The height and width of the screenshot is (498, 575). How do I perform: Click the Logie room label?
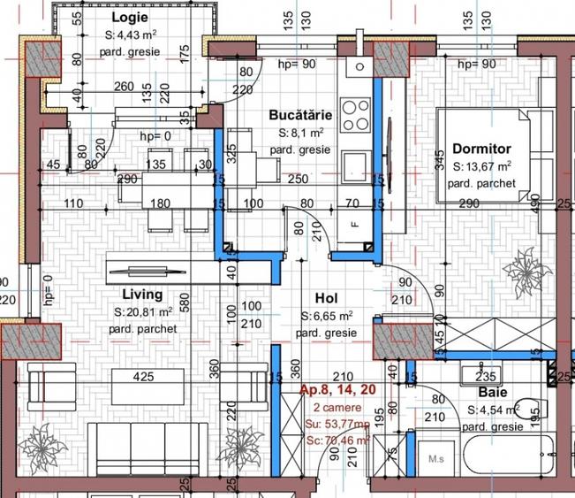[x=130, y=19]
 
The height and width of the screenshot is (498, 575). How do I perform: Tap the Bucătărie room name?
[x=300, y=116]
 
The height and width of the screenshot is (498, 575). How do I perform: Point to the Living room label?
[x=142, y=295]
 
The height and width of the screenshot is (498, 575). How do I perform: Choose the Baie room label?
[x=493, y=392]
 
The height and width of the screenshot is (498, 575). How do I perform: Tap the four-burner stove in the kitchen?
[x=356, y=115]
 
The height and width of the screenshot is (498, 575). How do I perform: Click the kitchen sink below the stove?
[x=356, y=165]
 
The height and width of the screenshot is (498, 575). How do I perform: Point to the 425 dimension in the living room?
[x=143, y=377]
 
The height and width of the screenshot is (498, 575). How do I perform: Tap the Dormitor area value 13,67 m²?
[x=482, y=166]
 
